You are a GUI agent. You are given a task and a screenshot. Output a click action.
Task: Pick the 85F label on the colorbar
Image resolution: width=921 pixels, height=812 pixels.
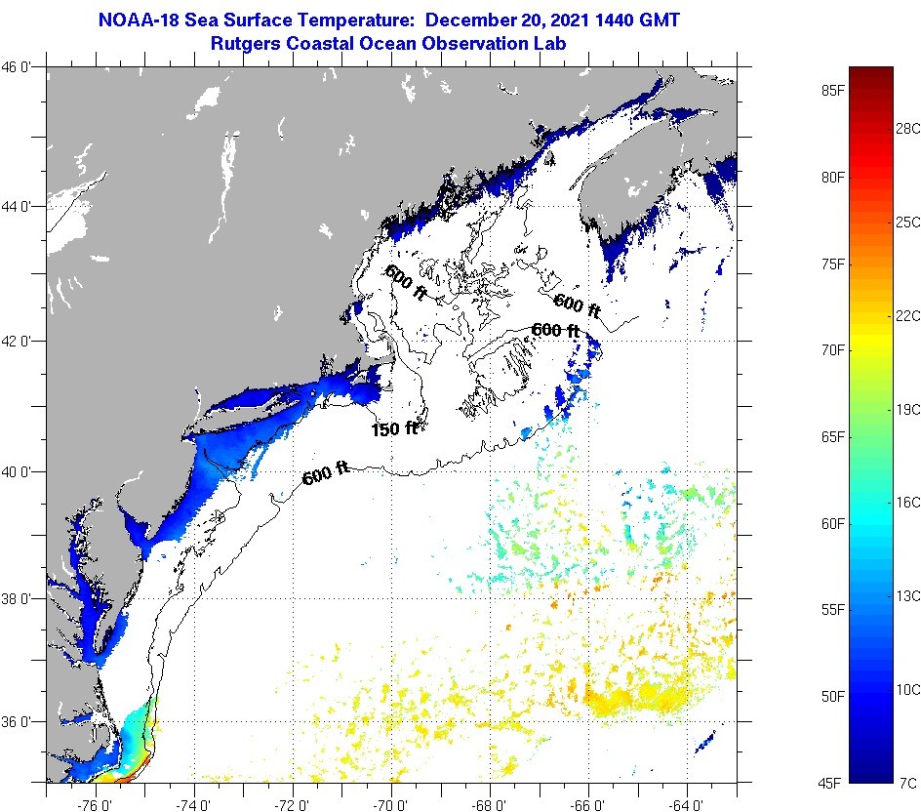point(832,91)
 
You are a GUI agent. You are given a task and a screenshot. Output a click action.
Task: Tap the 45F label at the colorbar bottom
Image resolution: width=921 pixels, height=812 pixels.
point(832,782)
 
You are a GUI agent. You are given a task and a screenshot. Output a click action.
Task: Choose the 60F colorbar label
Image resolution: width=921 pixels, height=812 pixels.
point(832,523)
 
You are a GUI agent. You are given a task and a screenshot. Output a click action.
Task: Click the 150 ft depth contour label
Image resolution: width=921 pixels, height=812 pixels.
point(394,427)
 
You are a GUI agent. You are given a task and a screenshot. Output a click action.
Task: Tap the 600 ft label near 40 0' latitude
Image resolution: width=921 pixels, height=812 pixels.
point(326,475)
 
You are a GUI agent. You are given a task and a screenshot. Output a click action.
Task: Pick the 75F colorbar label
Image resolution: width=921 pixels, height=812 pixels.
point(832,264)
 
